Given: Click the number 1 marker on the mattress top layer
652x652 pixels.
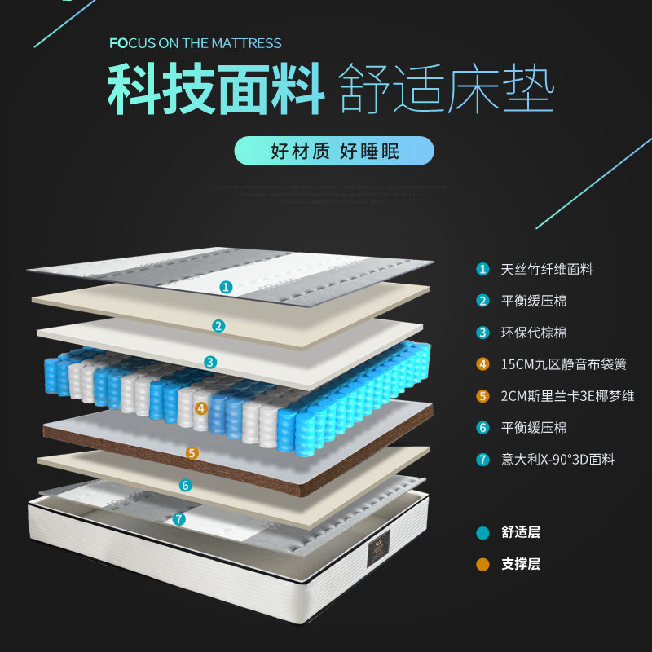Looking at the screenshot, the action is [x=226, y=287].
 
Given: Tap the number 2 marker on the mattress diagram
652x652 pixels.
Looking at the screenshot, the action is [x=218, y=326].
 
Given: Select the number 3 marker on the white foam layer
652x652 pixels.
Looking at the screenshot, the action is [x=210, y=362].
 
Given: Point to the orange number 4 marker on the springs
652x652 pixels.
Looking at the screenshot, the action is [x=202, y=407].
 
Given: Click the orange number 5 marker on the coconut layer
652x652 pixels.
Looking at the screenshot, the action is [x=192, y=452].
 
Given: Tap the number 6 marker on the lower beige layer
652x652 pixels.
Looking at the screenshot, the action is [x=186, y=486].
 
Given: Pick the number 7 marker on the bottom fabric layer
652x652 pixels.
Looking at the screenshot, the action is [x=179, y=518].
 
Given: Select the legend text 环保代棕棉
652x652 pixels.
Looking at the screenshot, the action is [x=534, y=333].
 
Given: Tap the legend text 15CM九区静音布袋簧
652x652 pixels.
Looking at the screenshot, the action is [x=563, y=364].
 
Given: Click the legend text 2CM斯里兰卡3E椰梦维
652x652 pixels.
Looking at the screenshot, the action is [x=567, y=396].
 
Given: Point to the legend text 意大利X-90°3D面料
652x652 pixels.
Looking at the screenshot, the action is [x=557, y=460].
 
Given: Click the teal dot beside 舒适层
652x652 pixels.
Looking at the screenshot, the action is [x=483, y=533].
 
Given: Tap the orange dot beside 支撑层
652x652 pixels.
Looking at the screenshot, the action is [x=483, y=564].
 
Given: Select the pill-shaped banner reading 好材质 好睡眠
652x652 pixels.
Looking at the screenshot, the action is [x=334, y=151].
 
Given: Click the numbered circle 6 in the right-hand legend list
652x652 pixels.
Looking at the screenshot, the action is [x=483, y=428].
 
